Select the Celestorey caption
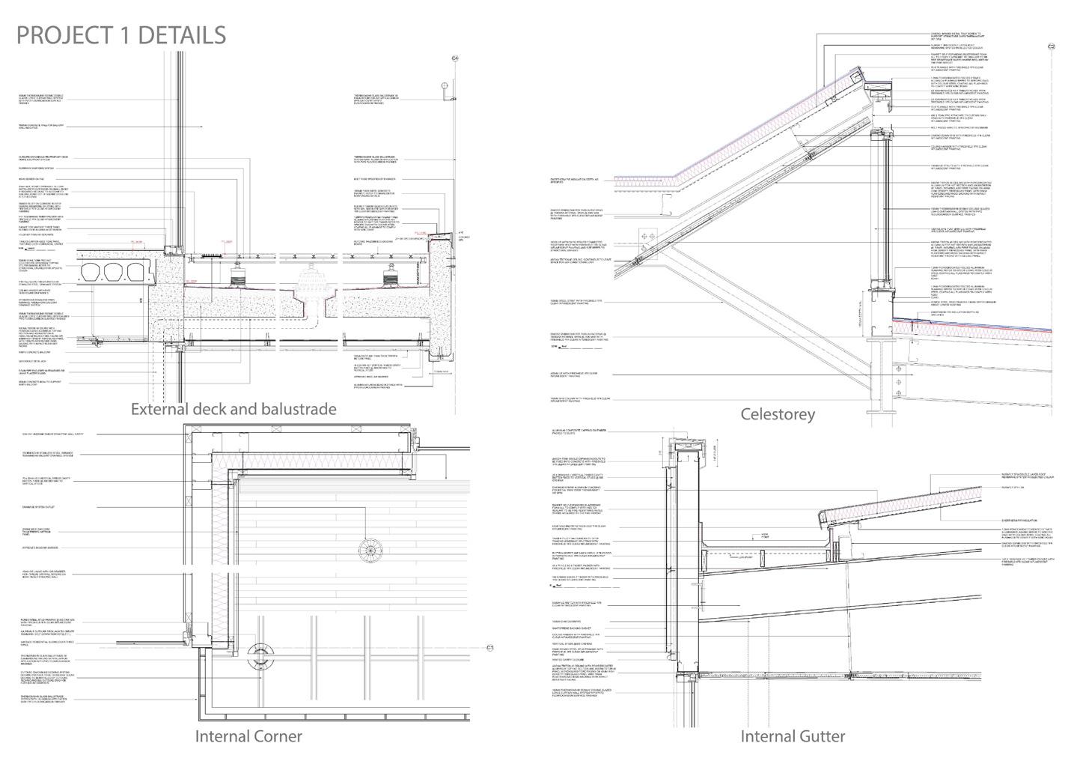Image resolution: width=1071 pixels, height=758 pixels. (777, 414)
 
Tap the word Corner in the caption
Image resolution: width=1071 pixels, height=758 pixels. (277, 736)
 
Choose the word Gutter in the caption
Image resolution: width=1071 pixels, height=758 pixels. (820, 736)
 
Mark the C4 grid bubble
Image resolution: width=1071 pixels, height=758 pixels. (454, 58)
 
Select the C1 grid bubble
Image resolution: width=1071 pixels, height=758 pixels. (490, 647)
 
